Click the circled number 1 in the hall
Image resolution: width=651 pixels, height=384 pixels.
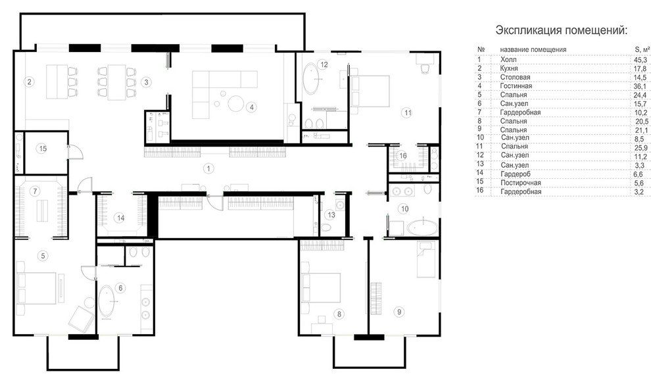coord(208,168)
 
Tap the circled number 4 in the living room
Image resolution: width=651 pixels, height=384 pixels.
coord(251,107)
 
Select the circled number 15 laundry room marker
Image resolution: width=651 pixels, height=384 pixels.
coord(41,148)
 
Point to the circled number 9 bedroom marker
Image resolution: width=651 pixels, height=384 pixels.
coord(399,312)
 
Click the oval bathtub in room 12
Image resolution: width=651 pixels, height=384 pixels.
coord(312,78)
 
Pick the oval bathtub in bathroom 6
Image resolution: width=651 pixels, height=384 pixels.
coord(107,302)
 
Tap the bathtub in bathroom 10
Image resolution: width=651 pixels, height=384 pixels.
coord(422,228)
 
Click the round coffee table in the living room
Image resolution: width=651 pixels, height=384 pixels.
coord(237,103)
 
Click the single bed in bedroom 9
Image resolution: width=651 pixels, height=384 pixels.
coord(426,260)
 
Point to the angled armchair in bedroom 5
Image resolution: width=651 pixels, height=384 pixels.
coord(81,319)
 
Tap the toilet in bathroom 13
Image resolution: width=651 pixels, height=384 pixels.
coord(325,228)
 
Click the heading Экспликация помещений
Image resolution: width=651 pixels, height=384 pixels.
coord(562,30)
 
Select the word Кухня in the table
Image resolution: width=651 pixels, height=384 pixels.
coord(509,68)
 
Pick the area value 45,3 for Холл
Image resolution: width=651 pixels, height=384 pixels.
coord(640,60)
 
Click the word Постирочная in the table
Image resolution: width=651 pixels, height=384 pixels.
coord(521,183)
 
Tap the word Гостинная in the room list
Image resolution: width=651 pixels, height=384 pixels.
coord(516,86)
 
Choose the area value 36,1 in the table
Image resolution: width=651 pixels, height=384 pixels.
coord(640,86)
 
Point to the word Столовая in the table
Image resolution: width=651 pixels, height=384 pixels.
coord(516,77)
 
